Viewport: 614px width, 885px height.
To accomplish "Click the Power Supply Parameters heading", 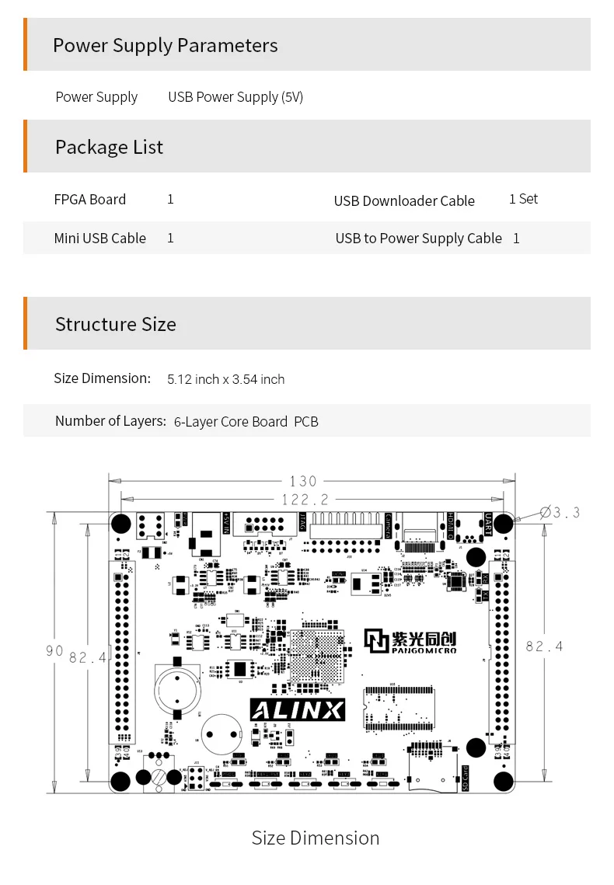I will click(x=165, y=45).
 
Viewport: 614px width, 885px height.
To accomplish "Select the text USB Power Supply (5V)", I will click(x=235, y=97).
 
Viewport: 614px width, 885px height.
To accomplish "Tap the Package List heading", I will click(x=109, y=147).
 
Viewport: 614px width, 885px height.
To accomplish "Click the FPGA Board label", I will click(x=89, y=200).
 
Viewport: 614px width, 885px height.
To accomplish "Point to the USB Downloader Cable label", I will click(x=404, y=200).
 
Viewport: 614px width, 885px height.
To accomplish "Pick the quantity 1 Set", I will click(x=523, y=199).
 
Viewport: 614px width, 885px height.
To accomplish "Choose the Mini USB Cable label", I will click(x=99, y=238).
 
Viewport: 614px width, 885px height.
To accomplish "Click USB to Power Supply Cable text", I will click(x=418, y=238).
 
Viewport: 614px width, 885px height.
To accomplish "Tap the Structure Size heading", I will click(x=115, y=324).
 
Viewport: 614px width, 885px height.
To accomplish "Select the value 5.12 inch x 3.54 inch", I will click(x=226, y=379).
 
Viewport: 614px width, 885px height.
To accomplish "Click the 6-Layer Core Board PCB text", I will click(x=246, y=421).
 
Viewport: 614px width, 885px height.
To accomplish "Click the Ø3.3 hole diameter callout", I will click(x=560, y=512).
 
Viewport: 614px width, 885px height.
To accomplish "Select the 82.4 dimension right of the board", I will click(x=544, y=646).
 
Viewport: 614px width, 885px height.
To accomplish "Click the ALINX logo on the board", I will click(x=297, y=709).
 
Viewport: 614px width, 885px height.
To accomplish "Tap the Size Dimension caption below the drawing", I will click(x=316, y=838).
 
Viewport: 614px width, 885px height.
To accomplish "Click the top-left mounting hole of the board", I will click(x=120, y=522).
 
